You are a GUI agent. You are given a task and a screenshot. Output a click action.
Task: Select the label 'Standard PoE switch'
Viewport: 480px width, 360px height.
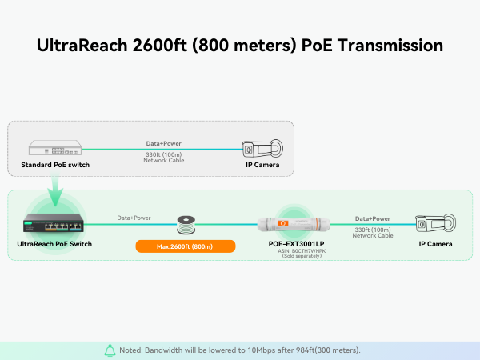[x=55, y=166]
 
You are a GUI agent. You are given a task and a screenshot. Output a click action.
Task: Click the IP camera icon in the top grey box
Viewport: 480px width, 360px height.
[x=262, y=149]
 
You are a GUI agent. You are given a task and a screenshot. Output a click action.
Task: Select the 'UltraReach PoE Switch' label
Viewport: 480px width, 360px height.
[x=54, y=243]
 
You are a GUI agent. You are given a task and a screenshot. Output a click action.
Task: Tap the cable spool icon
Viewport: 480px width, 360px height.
[x=186, y=224]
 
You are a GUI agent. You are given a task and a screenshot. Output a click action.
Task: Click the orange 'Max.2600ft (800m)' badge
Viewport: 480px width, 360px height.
[x=186, y=246]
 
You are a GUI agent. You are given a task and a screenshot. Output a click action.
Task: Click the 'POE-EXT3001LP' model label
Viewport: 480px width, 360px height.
[x=296, y=243]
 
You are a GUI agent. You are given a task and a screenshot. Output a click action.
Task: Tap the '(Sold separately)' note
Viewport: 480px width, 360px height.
[x=296, y=258]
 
